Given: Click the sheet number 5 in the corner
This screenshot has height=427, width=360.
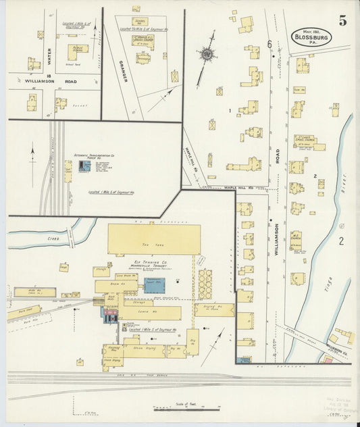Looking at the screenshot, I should pos(343,20).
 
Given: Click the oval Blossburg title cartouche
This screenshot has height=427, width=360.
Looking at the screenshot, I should pos(311,38).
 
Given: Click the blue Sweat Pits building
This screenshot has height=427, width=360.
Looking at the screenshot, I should pos(154,284).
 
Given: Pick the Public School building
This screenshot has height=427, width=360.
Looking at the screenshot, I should pos(78,50).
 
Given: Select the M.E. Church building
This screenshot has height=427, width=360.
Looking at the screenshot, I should pos(295,240).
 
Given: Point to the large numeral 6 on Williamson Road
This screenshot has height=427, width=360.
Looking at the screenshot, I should pos(269,44).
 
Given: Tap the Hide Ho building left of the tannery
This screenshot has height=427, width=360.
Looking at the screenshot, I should pos(34,293).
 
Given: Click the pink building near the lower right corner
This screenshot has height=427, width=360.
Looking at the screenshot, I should pos(328,360).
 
